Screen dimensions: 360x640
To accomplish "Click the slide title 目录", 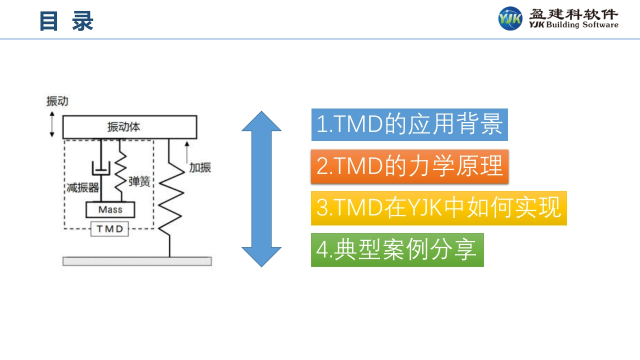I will (66, 21).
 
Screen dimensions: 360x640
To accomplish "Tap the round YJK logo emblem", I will (510, 18).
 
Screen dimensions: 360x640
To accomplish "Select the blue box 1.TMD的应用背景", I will (409, 124).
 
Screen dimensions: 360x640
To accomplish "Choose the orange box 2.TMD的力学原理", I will (409, 166).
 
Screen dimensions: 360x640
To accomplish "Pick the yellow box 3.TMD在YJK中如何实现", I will (438, 208).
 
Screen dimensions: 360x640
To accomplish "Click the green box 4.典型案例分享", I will (397, 249).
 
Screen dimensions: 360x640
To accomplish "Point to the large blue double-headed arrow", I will (261, 188).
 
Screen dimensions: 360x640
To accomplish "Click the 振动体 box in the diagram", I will (129, 127).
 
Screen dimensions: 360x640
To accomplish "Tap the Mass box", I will (110, 209).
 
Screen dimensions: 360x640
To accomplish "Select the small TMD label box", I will (109, 229).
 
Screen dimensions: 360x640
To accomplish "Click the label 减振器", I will (83, 188).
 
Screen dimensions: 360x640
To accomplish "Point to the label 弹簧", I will (139, 181).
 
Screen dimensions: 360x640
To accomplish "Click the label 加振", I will (200, 167).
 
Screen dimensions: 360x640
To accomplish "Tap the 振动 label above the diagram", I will (57, 101).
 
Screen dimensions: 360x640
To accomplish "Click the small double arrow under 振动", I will (52, 124).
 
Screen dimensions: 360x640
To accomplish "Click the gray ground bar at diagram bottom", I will (136, 261).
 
